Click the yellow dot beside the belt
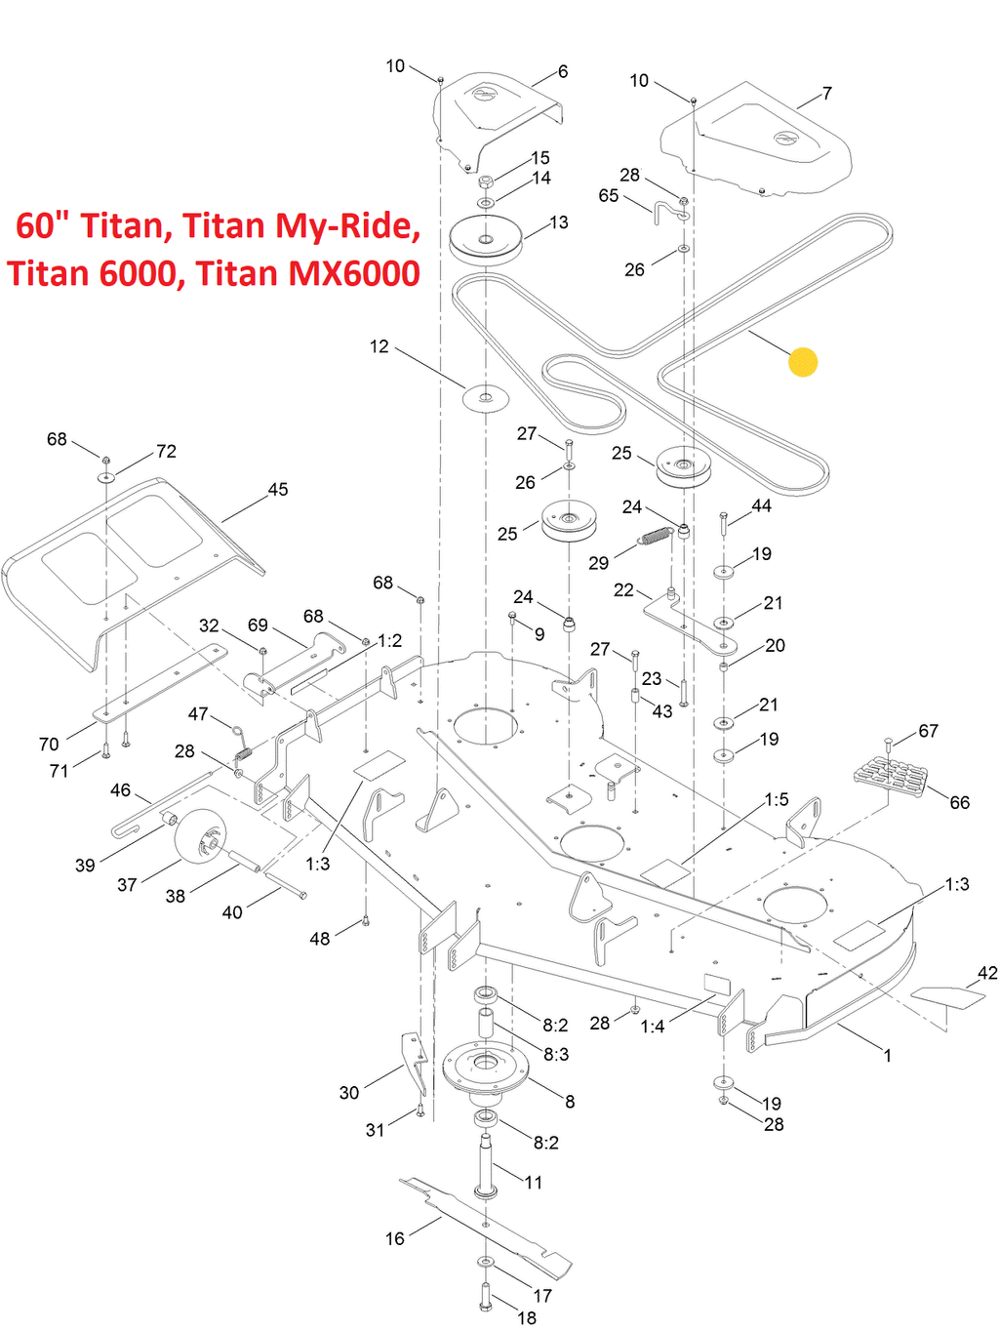tap(802, 362)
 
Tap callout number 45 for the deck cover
tap(278, 490)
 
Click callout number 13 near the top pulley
tap(558, 222)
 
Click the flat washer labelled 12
tap(486, 397)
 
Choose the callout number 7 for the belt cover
tap(827, 94)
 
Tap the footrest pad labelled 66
tap(891, 778)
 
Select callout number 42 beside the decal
tap(987, 973)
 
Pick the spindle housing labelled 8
tap(485, 1069)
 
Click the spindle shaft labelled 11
tap(485, 1161)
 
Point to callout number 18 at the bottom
tap(527, 1318)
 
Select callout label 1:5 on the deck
tap(777, 800)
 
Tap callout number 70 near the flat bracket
tap(49, 745)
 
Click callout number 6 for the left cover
tap(563, 71)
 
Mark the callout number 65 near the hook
tap(609, 196)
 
